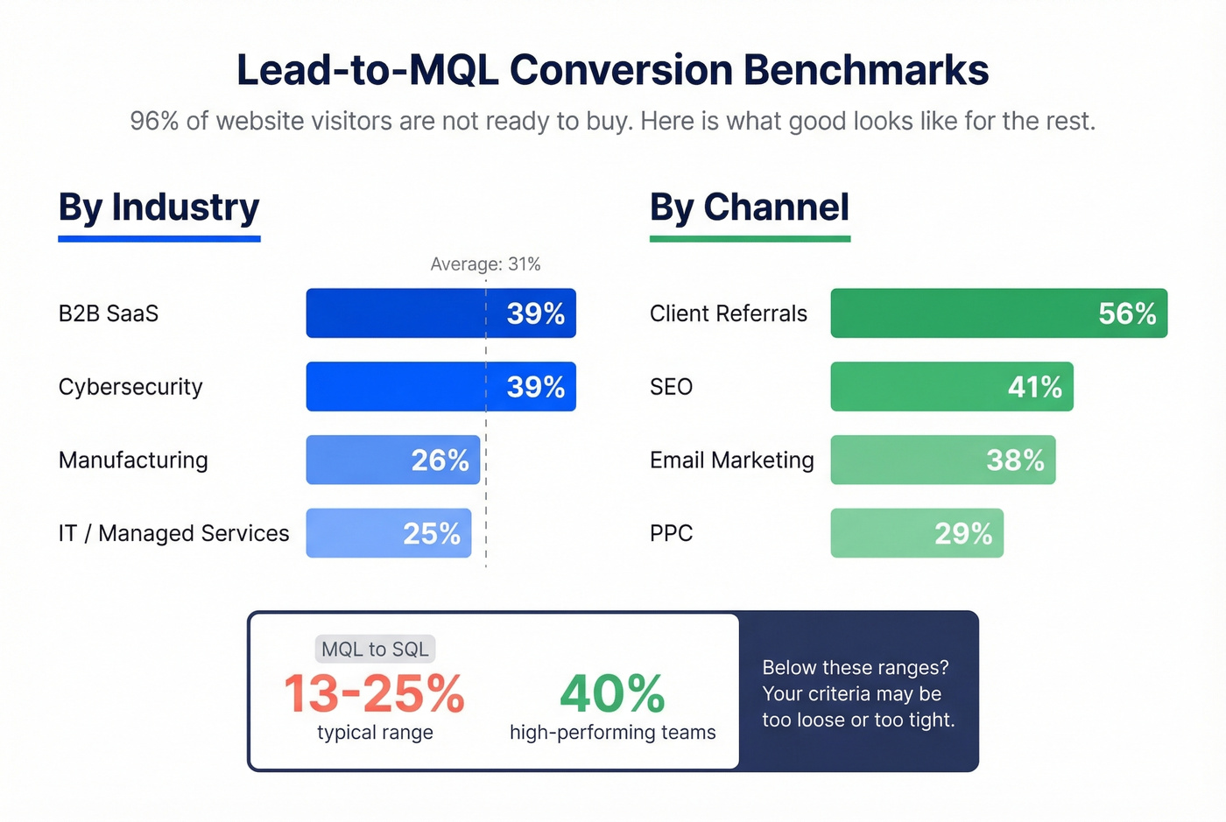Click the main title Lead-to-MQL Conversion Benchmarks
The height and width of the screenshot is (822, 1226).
612,70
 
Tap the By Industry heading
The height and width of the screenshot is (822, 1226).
159,207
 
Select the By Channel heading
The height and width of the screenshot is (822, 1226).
749,207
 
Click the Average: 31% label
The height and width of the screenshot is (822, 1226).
485,264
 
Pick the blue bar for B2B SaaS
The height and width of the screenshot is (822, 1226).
403,313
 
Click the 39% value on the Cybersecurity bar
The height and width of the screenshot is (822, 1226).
535,387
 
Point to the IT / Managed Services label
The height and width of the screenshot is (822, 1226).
173,533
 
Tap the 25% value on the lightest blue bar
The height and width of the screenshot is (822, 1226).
431,533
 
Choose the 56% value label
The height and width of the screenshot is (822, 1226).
1127,313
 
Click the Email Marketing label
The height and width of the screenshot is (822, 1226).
731,460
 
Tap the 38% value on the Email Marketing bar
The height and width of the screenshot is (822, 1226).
1015,460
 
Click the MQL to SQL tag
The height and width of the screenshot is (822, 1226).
375,650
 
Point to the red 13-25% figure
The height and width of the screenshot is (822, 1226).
374,694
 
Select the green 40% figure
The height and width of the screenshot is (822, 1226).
612,694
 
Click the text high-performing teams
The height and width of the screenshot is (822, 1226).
612,733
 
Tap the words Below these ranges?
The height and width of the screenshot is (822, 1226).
855,668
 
